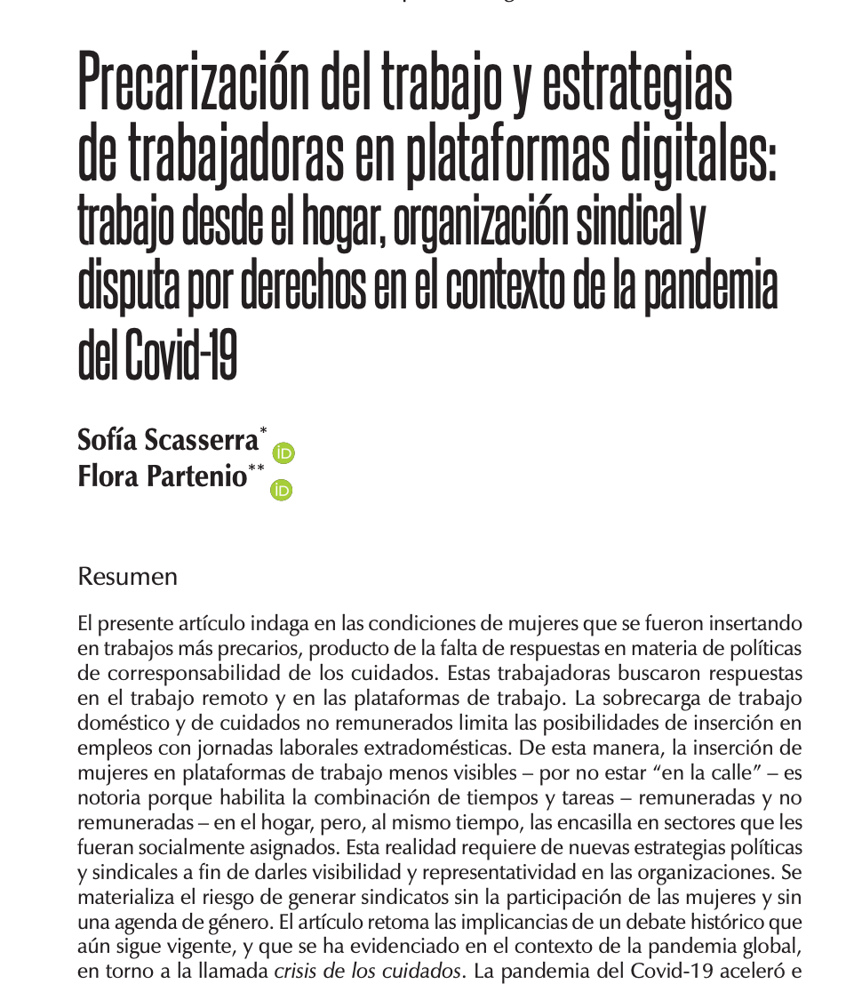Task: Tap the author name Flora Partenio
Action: click(x=162, y=476)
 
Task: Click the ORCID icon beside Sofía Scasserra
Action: click(x=283, y=453)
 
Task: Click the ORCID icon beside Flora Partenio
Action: click(x=282, y=490)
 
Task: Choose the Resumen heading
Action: click(x=128, y=577)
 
